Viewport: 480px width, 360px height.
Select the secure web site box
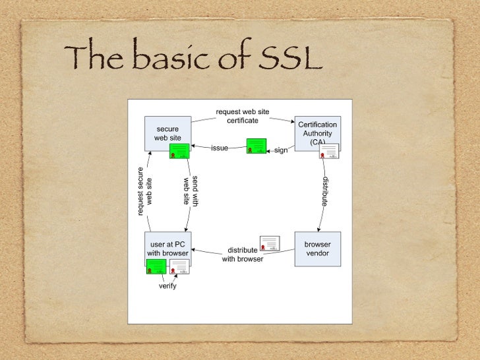[x=167, y=133]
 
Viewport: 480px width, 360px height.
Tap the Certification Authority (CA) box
[x=317, y=132]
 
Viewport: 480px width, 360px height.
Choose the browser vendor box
[x=317, y=249]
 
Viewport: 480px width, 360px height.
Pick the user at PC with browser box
[x=167, y=248]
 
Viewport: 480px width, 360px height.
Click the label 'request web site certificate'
[x=243, y=116]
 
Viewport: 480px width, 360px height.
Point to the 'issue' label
[x=220, y=148]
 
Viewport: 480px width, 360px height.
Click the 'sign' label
[x=281, y=150]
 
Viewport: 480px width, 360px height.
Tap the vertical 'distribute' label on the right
[x=325, y=191]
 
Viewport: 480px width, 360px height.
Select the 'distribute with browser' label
[x=243, y=255]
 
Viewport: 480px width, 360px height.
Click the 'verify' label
[x=167, y=286]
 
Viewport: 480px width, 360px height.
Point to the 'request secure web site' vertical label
[x=145, y=191]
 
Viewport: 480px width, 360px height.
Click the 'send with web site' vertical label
[x=191, y=191]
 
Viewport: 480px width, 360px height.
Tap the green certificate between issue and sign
[x=256, y=146]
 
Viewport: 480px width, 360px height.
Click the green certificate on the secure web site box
[x=179, y=151]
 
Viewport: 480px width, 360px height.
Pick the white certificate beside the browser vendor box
[x=270, y=243]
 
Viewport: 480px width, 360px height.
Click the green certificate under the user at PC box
[x=156, y=266]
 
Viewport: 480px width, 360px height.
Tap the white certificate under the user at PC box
[x=179, y=266]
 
